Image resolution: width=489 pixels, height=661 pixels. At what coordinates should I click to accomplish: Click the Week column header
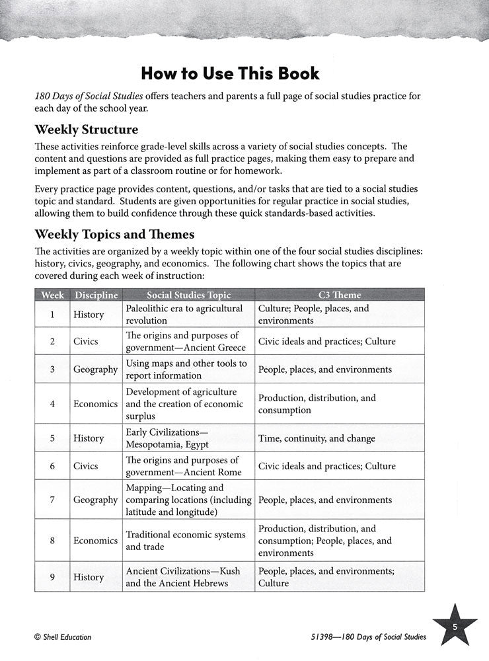click(52, 295)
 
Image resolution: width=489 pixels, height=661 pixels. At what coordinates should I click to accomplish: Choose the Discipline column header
click(96, 295)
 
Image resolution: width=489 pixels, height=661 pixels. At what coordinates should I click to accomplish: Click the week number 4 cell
click(52, 403)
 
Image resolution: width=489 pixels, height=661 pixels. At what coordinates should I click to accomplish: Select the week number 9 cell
click(52, 576)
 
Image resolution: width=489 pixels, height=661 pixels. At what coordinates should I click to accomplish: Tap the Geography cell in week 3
click(96, 369)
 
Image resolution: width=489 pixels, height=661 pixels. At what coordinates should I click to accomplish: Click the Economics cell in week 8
click(96, 540)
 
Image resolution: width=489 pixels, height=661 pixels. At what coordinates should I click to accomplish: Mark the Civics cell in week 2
click(86, 342)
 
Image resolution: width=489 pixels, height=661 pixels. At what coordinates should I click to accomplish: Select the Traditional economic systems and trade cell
click(185, 540)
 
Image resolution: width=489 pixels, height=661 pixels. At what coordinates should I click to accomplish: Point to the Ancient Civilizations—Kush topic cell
click(182, 576)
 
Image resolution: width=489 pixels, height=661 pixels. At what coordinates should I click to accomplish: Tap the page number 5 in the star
click(455, 627)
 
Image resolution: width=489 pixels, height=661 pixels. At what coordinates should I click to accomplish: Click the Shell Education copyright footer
click(62, 637)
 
